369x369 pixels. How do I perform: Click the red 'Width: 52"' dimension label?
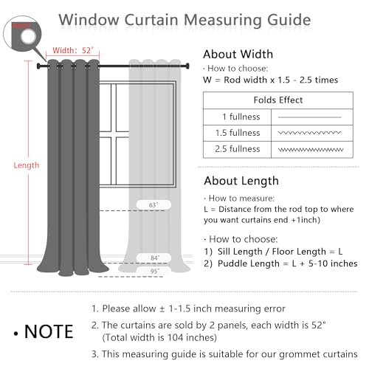point(73,50)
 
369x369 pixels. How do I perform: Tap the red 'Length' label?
point(27,165)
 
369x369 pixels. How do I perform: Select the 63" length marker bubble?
point(154,204)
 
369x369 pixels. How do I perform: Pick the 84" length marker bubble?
point(154,258)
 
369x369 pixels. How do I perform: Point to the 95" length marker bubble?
point(154,271)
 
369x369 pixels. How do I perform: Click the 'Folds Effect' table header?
point(278,100)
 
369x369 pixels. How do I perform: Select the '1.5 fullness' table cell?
point(238,133)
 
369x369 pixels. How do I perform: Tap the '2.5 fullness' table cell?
point(238,149)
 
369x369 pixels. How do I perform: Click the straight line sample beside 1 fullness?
point(310,117)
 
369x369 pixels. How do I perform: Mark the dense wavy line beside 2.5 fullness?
point(311,149)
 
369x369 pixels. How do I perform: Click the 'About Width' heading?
point(238,54)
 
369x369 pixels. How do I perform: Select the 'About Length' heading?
point(241,181)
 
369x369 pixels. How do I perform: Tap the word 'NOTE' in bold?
point(49,331)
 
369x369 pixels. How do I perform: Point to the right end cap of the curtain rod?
point(187,66)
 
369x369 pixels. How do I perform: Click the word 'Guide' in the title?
point(289,20)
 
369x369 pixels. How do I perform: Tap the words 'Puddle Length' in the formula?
point(249,263)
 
